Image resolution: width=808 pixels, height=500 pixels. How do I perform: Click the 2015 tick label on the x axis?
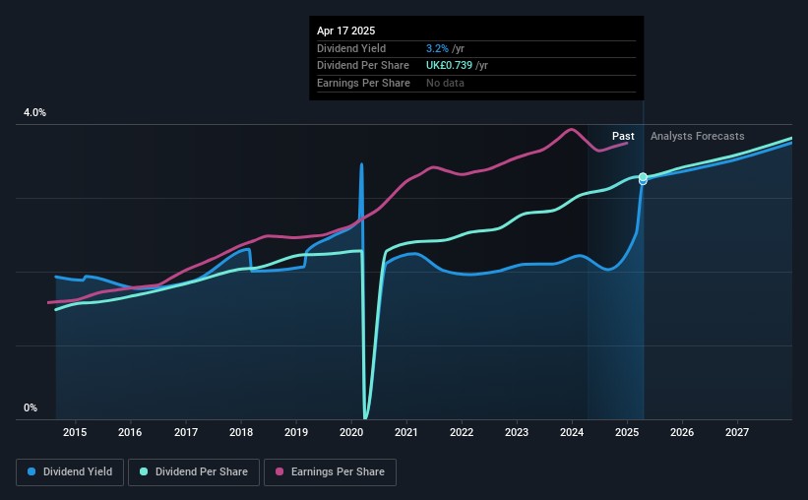[x=75, y=432]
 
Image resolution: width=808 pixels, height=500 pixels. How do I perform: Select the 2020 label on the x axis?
[x=351, y=432]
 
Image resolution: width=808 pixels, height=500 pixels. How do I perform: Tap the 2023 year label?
[x=517, y=432]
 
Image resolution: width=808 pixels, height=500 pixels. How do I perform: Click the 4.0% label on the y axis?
[x=34, y=113]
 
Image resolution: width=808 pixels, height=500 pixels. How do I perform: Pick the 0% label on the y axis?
[x=31, y=408]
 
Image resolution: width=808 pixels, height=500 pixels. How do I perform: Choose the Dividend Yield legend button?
[x=71, y=472]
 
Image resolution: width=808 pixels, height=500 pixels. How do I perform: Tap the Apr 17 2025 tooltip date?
[x=346, y=31]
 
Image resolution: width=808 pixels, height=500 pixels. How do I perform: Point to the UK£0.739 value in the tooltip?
[x=451, y=66]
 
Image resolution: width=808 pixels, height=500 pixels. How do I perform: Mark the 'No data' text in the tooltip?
[x=445, y=83]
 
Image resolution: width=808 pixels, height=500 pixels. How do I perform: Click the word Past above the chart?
[x=623, y=136]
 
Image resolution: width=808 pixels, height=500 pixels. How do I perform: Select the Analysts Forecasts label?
[x=698, y=136]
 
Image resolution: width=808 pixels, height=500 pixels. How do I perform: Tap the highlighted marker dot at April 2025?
[x=643, y=178]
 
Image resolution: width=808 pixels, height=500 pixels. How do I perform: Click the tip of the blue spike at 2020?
[x=361, y=164]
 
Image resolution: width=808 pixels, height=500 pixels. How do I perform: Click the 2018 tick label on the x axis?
[x=241, y=432]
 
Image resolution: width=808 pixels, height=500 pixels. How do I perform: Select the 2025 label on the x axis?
[x=627, y=432]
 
